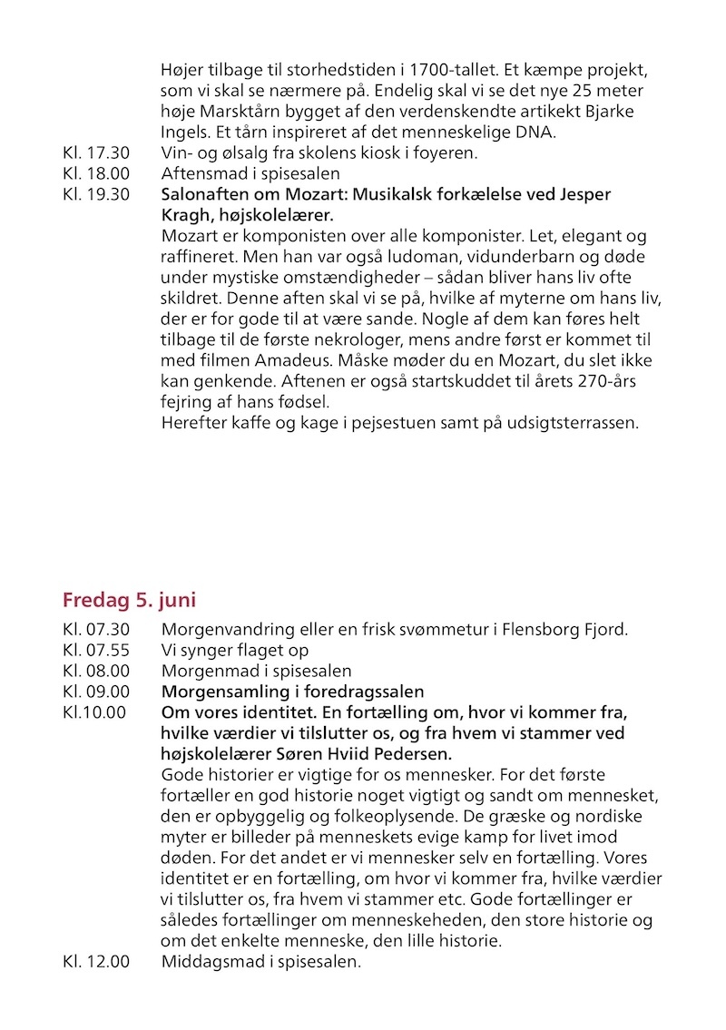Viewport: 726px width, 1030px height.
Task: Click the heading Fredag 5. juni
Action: tap(129, 600)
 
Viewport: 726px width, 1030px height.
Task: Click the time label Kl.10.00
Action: tap(94, 712)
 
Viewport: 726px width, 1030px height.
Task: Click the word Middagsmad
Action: tap(208, 961)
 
